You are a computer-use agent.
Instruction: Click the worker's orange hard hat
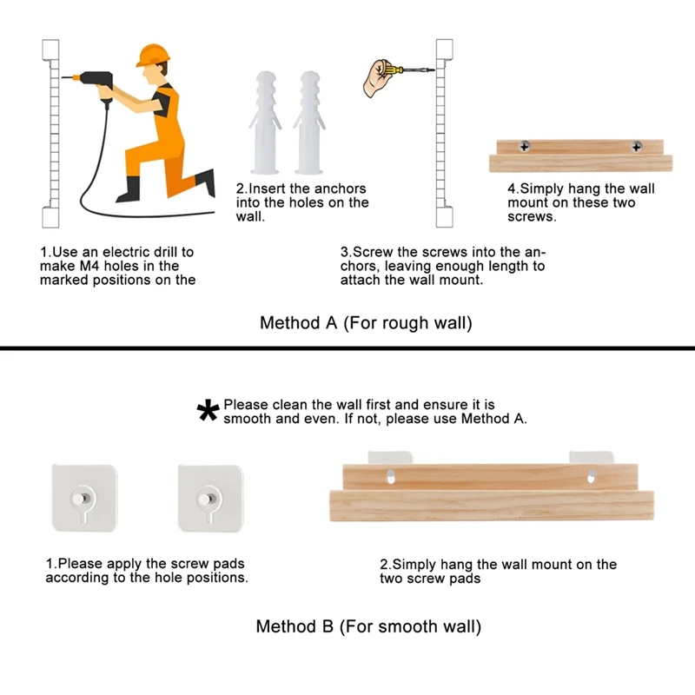pos(153,55)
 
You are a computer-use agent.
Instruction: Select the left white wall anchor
pos(266,122)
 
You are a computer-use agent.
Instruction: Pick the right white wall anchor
pos(309,122)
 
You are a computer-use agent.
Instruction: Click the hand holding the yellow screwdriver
pos(377,78)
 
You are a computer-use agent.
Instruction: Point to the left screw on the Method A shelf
pos(525,146)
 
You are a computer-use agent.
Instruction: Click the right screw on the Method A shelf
pos(637,146)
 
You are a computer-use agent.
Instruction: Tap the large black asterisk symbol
pos(208,410)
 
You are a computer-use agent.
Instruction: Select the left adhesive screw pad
pos(84,498)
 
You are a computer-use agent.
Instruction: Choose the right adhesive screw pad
pos(210,498)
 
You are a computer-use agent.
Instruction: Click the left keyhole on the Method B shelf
pos(390,476)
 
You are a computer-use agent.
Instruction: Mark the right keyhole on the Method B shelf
pos(592,476)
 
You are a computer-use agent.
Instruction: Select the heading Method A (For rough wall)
pos(366,322)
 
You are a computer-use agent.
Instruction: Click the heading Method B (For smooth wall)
pos(368,626)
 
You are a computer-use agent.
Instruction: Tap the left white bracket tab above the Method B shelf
pos(390,458)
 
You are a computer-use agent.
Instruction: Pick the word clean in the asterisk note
pos(290,405)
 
